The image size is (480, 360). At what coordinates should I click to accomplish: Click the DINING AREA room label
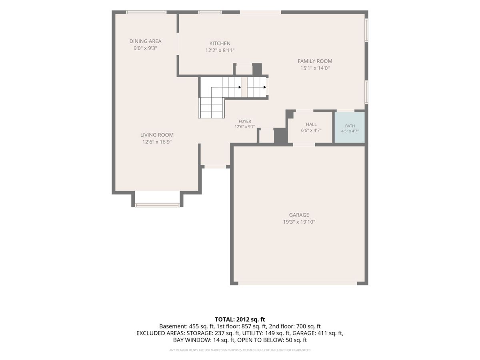point(145,41)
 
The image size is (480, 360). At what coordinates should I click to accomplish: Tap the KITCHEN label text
point(220,43)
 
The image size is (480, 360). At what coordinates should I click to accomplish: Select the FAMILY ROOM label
point(315,61)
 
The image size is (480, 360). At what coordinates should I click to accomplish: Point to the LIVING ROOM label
point(157,135)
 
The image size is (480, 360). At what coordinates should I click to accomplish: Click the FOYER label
point(245,121)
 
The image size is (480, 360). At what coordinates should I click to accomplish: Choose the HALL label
point(311,124)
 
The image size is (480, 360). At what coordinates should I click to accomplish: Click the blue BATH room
point(350,128)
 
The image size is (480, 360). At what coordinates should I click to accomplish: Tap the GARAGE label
point(299,215)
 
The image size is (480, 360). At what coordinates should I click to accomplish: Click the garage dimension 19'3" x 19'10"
point(299,222)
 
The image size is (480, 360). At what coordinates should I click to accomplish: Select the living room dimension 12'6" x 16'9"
point(157,142)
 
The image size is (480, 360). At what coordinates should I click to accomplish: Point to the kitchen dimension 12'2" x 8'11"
point(220,50)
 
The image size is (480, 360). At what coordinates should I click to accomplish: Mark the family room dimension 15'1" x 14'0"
point(315,68)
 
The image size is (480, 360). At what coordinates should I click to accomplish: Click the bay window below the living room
point(157,205)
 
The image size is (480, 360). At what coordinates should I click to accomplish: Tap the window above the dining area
point(146,12)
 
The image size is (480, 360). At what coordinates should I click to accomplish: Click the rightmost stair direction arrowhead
point(265,87)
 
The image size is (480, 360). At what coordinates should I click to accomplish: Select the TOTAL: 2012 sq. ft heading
point(240,319)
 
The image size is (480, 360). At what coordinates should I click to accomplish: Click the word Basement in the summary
point(173,326)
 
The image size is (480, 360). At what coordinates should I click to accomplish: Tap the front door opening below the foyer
point(215,166)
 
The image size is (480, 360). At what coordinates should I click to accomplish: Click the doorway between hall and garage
point(304,144)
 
